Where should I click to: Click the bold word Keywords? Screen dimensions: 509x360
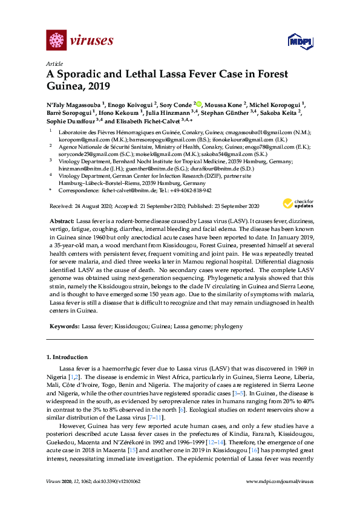64,326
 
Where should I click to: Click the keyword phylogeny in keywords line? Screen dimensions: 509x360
229,326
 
